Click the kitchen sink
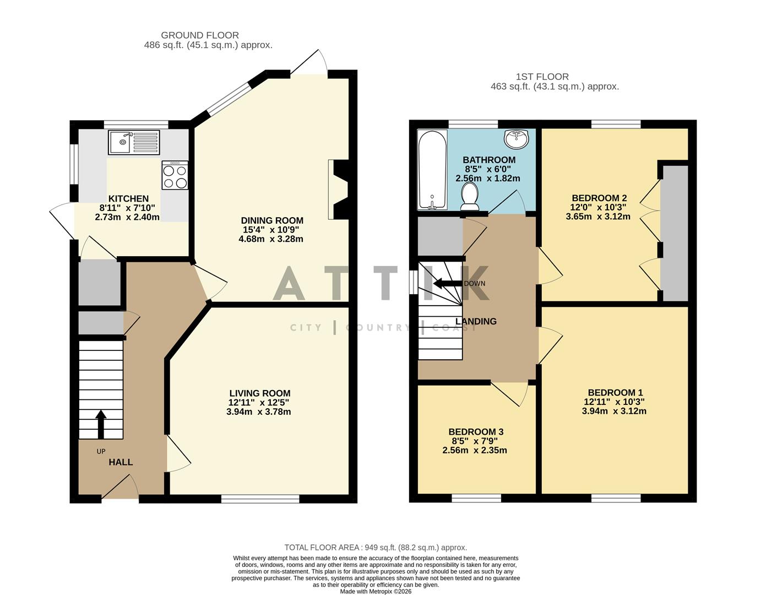(x=134, y=142)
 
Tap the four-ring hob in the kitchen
(x=175, y=175)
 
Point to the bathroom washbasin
(x=516, y=138)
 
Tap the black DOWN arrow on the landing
(x=447, y=284)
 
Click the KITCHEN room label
(x=128, y=199)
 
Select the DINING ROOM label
(x=272, y=220)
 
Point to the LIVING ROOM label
(x=260, y=393)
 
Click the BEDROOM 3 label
(x=476, y=432)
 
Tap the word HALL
(x=121, y=462)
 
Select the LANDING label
(x=476, y=321)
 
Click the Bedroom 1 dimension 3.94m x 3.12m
(x=614, y=411)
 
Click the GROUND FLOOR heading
(x=200, y=35)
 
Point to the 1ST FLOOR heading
(x=542, y=77)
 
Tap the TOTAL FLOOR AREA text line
(x=376, y=547)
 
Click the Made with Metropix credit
(x=376, y=591)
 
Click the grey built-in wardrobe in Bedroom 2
(x=675, y=232)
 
